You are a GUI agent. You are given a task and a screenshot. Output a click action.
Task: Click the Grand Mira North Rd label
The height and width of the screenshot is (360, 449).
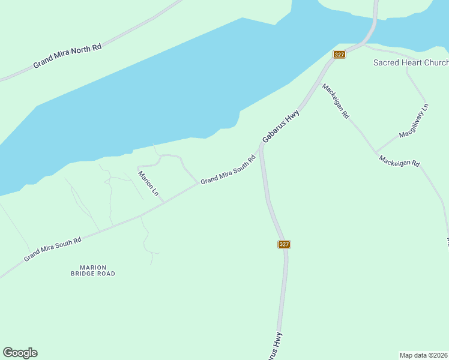67,55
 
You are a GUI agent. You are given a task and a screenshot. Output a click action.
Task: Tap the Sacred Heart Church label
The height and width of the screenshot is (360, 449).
411,62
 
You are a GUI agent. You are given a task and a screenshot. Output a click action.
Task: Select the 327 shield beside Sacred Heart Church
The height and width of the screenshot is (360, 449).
340,55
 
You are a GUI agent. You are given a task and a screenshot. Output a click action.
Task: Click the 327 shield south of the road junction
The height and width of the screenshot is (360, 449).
285,244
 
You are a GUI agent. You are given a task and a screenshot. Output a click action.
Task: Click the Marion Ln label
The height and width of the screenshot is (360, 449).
148,184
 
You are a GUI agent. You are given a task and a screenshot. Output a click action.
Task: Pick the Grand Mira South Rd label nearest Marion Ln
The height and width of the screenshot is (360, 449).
228,170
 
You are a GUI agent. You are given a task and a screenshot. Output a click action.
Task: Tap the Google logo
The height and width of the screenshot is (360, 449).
20,353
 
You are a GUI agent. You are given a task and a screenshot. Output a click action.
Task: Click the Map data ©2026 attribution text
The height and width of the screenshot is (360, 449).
423,355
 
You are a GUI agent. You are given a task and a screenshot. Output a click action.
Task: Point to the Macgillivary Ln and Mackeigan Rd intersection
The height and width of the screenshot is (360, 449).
376,152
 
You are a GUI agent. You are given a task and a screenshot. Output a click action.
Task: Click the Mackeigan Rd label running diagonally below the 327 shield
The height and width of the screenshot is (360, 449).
336,101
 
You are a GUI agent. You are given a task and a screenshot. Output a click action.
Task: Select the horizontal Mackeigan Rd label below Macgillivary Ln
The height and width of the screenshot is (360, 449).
399,162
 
